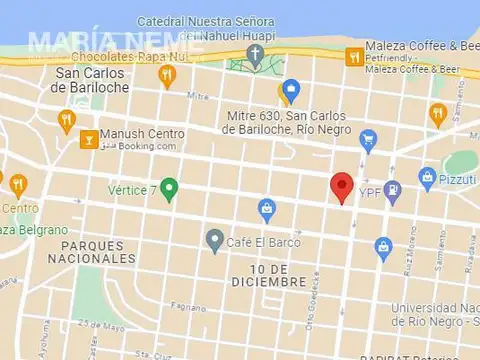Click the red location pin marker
tap(342, 186)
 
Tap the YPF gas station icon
tap(393, 188)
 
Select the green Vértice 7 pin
tap(169, 187)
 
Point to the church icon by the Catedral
tap(256, 53)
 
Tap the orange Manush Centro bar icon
tap(88, 139)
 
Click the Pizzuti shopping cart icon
tap(428, 180)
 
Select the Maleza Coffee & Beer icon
tap(352, 58)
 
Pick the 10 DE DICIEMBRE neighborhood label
tap(265, 276)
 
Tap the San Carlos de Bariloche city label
tap(90, 80)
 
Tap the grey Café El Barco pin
tap(214, 240)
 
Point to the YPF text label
tap(369, 191)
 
